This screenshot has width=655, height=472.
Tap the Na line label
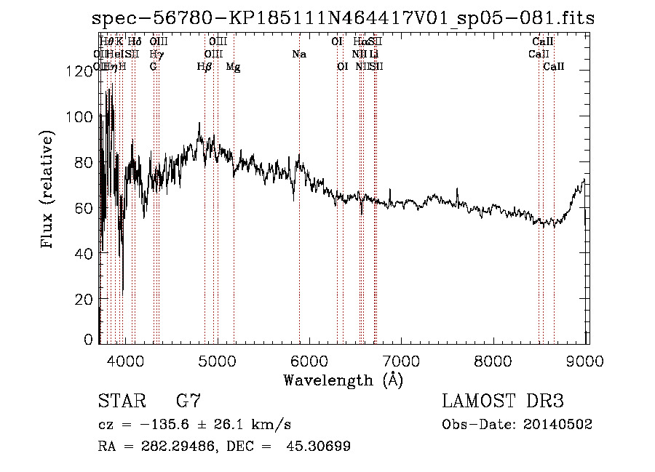click(299, 54)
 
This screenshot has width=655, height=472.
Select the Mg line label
click(234, 66)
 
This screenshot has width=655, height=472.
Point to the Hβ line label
click(205, 66)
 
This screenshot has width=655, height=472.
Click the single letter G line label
click(154, 66)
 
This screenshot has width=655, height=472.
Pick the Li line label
click(373, 54)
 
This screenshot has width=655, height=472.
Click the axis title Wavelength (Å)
click(342, 379)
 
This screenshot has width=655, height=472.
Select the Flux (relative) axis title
click(49, 191)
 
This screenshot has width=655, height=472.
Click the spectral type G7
click(188, 401)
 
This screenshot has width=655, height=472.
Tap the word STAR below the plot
click(119, 401)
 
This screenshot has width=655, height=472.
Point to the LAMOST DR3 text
click(502, 401)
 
